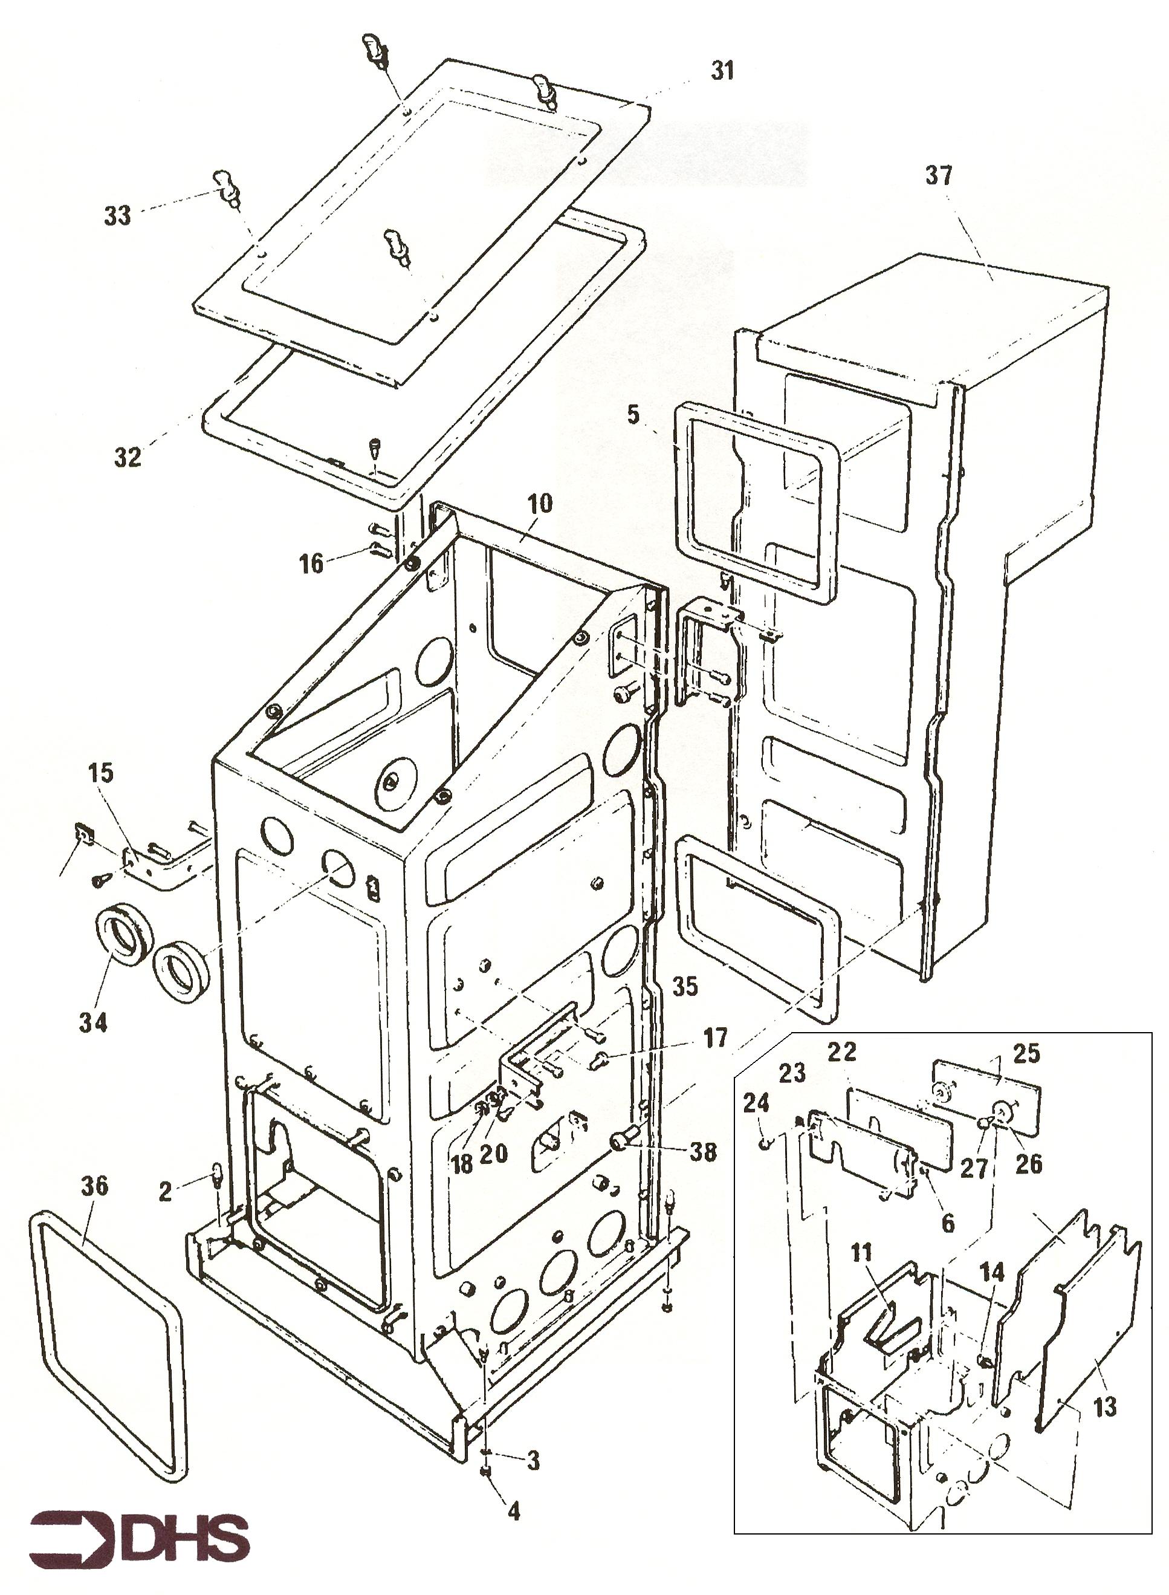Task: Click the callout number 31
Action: (x=722, y=71)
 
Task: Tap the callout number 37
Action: (x=939, y=175)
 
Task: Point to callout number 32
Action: (x=128, y=457)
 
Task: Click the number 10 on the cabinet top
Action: (x=539, y=504)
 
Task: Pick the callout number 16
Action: (x=311, y=564)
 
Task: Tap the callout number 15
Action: (x=100, y=773)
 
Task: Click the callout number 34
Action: (x=92, y=1022)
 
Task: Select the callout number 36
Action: (x=94, y=1186)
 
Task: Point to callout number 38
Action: (x=703, y=1152)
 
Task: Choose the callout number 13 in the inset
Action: (x=1104, y=1408)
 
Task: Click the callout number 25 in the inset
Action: (x=1026, y=1054)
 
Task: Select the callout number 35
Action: (x=684, y=986)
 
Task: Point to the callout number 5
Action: (x=633, y=414)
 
